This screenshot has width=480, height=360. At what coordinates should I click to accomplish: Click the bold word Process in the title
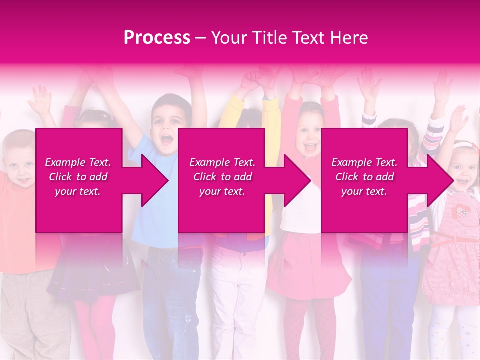(157, 38)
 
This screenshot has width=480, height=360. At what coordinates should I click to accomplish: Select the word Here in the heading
(350, 38)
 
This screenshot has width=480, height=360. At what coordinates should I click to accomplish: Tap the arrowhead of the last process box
(440, 180)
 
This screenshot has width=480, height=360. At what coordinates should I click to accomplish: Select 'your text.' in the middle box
(222, 191)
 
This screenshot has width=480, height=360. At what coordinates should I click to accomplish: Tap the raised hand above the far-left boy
(40, 100)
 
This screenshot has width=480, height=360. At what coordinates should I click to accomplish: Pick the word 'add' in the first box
(98, 177)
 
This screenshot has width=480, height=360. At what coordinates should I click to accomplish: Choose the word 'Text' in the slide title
(310, 38)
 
